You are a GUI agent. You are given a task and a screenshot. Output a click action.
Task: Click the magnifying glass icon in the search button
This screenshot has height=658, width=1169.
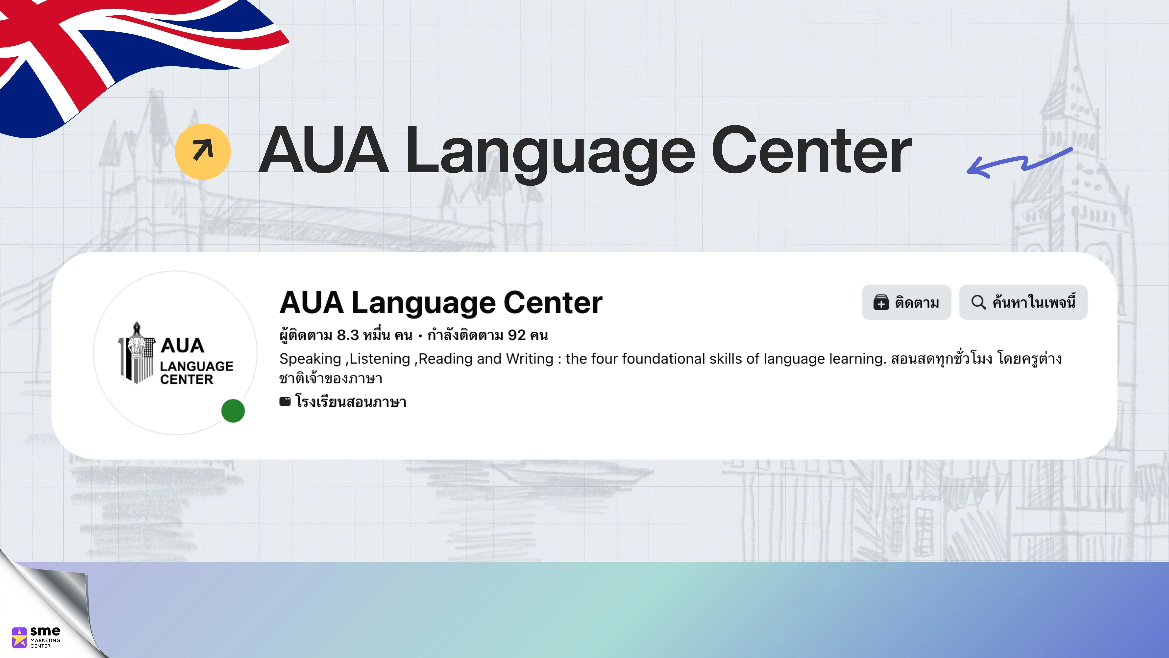(978, 302)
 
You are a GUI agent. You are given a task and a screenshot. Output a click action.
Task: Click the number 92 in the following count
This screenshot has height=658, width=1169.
(517, 335)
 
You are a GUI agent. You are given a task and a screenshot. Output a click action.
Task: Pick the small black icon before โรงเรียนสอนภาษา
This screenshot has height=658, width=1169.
(285, 401)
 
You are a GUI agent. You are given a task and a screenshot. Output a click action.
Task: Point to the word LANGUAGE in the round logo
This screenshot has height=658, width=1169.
(197, 366)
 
